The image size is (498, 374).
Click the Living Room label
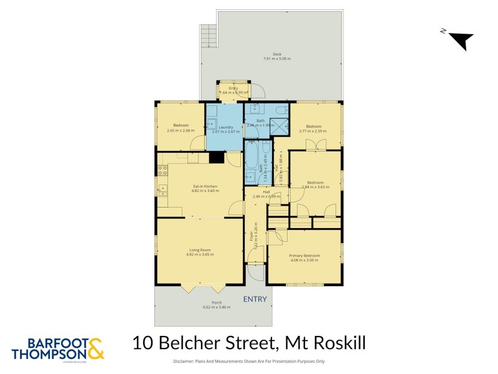(200, 250)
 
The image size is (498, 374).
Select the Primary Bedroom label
(304, 256)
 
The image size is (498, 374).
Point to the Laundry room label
(225, 127)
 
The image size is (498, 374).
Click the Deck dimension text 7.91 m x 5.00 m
(277, 59)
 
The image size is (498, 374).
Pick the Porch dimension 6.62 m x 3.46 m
(217, 307)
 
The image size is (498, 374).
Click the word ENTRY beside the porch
(255, 299)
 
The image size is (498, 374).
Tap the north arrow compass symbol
(460, 39)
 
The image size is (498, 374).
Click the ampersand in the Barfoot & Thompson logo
(95, 348)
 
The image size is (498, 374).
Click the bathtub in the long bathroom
(251, 156)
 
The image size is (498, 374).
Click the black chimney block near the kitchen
(217, 158)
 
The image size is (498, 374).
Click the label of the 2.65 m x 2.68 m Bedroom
(181, 125)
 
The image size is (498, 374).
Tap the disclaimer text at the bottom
(249, 362)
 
